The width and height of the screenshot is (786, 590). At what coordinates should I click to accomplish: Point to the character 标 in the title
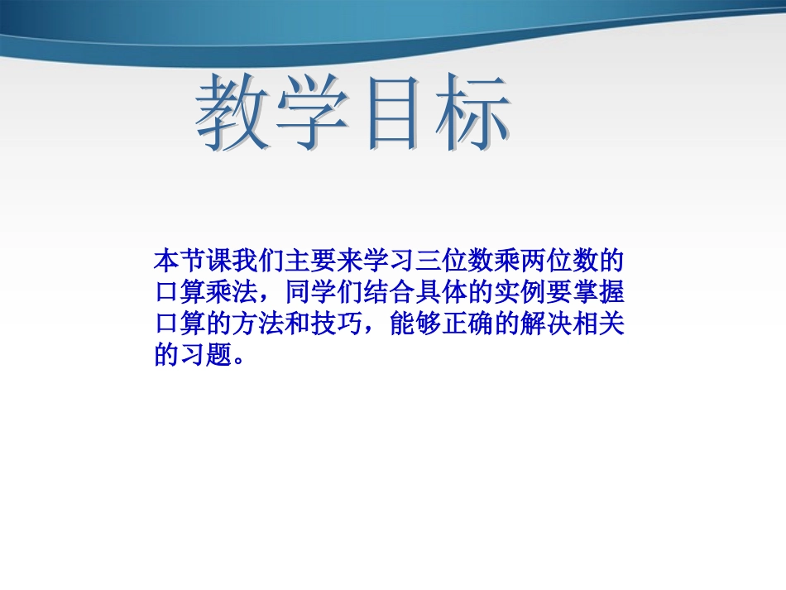pyautogui.click(x=467, y=116)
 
